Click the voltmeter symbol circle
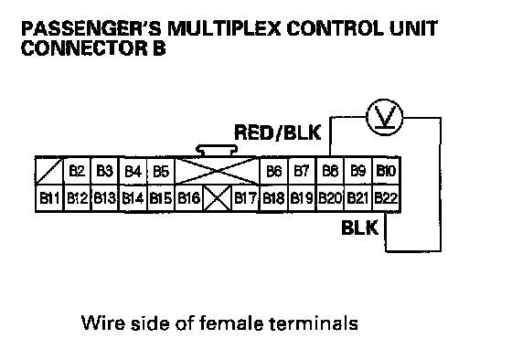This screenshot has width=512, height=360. pyautogui.click(x=384, y=118)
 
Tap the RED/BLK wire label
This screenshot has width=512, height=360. pyautogui.click(x=278, y=132)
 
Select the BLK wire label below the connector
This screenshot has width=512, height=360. pyautogui.click(x=360, y=228)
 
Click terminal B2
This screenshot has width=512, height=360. pyautogui.click(x=77, y=171)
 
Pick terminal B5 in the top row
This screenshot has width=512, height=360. pyautogui.click(x=161, y=171)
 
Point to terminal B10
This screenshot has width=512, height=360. pyautogui.click(x=386, y=171)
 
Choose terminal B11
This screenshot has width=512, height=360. pyautogui.click(x=49, y=197)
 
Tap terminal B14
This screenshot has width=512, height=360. pyautogui.click(x=133, y=197)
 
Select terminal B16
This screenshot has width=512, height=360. pyautogui.click(x=188, y=197)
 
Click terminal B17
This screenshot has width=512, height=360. pyautogui.click(x=245, y=197)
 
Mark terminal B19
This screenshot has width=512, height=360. pyautogui.click(x=302, y=197)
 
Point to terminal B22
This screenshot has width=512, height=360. pyautogui.click(x=386, y=197)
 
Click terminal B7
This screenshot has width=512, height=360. pyautogui.click(x=302, y=171)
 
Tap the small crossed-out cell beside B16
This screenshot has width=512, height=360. pyautogui.click(x=218, y=197)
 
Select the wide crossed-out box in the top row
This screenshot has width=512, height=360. pyautogui.click(x=218, y=171)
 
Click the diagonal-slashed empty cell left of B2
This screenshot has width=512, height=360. pyautogui.click(x=49, y=171)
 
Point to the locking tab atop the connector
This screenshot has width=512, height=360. pyautogui.click(x=217, y=151)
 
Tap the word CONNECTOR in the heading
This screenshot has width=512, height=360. pyautogui.click(x=84, y=48)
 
